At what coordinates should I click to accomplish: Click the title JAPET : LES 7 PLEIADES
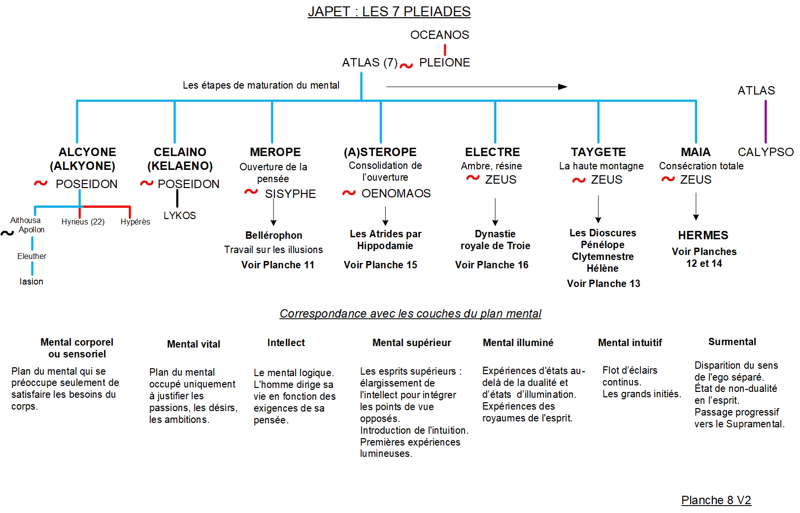coord(389,11)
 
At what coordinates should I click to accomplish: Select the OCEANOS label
coord(439,35)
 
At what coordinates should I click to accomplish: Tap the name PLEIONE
coord(444,63)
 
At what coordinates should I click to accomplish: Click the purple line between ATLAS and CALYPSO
coord(765,121)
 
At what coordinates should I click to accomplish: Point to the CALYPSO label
coord(765,152)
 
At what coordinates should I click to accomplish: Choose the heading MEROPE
coord(275,152)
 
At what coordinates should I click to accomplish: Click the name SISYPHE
coord(290,194)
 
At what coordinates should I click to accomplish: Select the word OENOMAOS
coord(396,193)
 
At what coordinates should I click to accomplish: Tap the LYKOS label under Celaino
coord(179,216)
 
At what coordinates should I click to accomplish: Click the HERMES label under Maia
coord(703,235)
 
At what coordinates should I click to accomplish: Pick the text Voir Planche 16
coord(491,265)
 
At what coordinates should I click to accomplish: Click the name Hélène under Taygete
coord(602,268)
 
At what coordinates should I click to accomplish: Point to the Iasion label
coord(31,282)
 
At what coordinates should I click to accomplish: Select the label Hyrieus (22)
coord(83,222)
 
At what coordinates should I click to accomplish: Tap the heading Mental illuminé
coord(518,343)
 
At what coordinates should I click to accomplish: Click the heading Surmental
coord(732,342)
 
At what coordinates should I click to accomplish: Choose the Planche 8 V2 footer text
coord(716,500)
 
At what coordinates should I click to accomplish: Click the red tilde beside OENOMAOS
coord(349,193)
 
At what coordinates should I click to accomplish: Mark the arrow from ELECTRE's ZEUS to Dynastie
coord(495,212)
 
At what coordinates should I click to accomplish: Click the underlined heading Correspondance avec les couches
coord(410,314)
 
